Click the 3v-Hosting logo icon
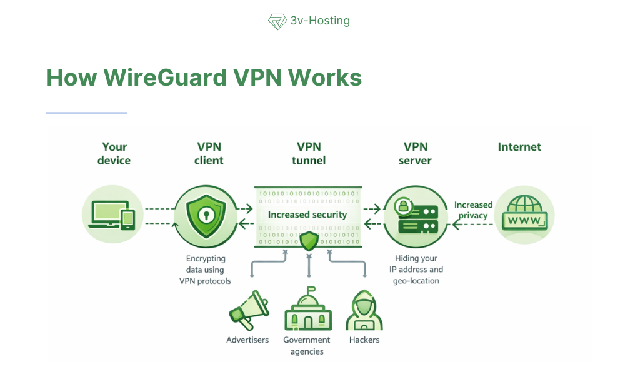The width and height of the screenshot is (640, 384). click(x=277, y=21)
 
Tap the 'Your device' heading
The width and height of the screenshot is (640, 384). click(x=114, y=154)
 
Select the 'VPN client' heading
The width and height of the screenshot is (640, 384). click(x=209, y=154)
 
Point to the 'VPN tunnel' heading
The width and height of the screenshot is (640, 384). click(x=309, y=154)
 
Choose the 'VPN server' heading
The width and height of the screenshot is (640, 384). click(x=416, y=154)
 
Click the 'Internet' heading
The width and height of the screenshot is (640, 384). click(x=519, y=147)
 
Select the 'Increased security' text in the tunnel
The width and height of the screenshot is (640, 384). click(x=307, y=215)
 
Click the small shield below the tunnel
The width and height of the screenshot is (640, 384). click(x=309, y=241)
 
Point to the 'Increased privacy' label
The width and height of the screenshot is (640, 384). click(x=473, y=210)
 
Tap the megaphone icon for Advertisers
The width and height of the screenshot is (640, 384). click(x=247, y=311)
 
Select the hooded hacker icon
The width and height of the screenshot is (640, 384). click(x=364, y=310)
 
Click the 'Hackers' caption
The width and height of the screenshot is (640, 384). click(x=364, y=340)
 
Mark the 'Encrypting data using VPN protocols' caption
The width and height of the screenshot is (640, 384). click(x=205, y=270)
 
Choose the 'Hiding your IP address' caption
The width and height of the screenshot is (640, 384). click(x=418, y=270)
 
